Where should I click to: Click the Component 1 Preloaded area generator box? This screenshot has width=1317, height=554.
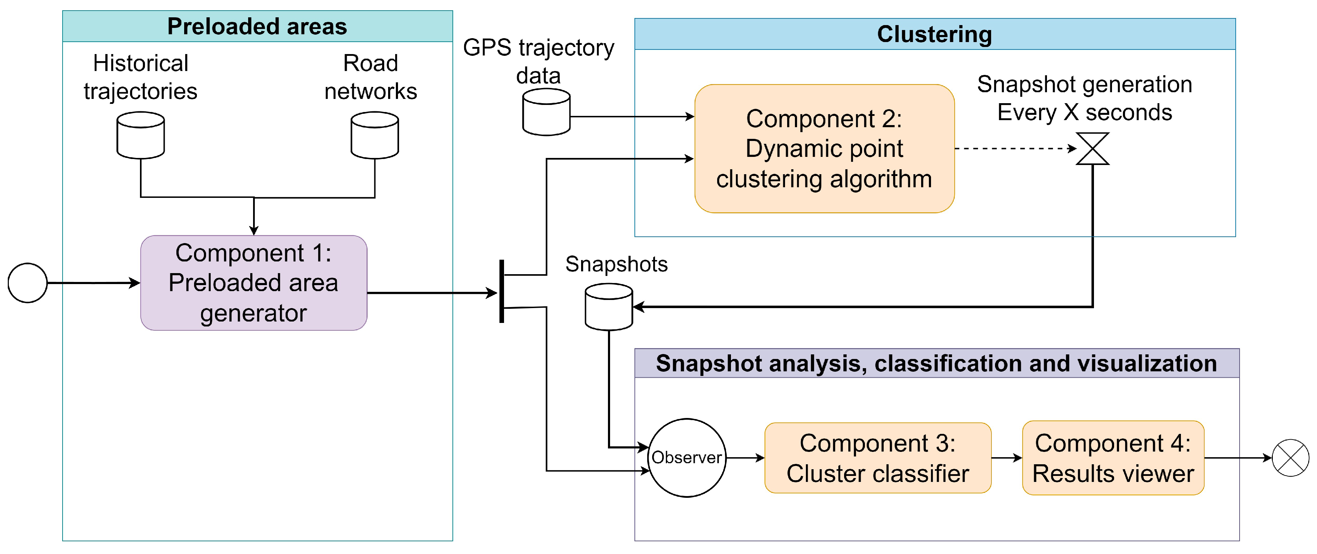click(253, 283)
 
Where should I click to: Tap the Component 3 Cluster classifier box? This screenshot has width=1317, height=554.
click(877, 458)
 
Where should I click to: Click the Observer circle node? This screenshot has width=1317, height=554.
click(687, 458)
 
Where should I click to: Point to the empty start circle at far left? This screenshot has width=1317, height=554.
click(28, 283)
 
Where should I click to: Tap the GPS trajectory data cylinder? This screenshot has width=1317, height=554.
click(546, 112)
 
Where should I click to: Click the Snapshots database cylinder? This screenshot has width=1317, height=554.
click(608, 307)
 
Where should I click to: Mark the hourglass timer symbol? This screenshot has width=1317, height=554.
click(1092, 149)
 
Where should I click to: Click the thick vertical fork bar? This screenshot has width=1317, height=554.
click(502, 291)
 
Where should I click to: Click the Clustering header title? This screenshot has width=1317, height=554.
click(934, 34)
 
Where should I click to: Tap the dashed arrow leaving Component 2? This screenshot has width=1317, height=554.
click(1015, 149)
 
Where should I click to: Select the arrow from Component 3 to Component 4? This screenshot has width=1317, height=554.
click(1006, 458)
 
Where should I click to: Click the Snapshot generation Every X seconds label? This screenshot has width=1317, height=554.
click(1084, 98)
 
